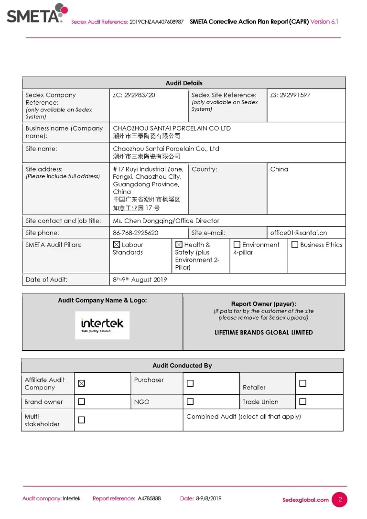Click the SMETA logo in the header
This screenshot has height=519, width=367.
pos(36,14)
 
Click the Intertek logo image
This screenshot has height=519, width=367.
pos(102,325)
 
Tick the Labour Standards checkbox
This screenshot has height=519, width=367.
pos(117,245)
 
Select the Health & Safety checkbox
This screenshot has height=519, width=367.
pos(179,245)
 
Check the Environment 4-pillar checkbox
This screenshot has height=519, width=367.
pos(237,245)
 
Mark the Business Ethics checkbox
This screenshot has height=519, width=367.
pos(295,245)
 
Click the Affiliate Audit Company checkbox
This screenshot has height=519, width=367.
pos(81,383)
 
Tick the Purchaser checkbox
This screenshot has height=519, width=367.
pos(190,383)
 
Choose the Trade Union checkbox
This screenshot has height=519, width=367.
pos(302,402)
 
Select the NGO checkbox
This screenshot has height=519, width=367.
pos(190,402)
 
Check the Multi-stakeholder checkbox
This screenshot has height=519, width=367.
pos(81,420)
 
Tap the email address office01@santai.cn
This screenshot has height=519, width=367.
pos(299,233)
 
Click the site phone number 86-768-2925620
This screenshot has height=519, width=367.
pos(135,233)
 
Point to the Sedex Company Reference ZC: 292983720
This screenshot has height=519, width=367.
pos(134,95)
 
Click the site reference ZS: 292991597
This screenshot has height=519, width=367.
pos(290,95)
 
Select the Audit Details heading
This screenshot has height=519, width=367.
pos(184,83)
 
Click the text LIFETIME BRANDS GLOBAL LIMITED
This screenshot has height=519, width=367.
pos(264,333)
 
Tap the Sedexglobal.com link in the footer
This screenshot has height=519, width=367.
pos(305,500)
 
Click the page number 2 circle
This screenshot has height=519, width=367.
pos(340,499)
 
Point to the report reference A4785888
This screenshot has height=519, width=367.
pos(149,498)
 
